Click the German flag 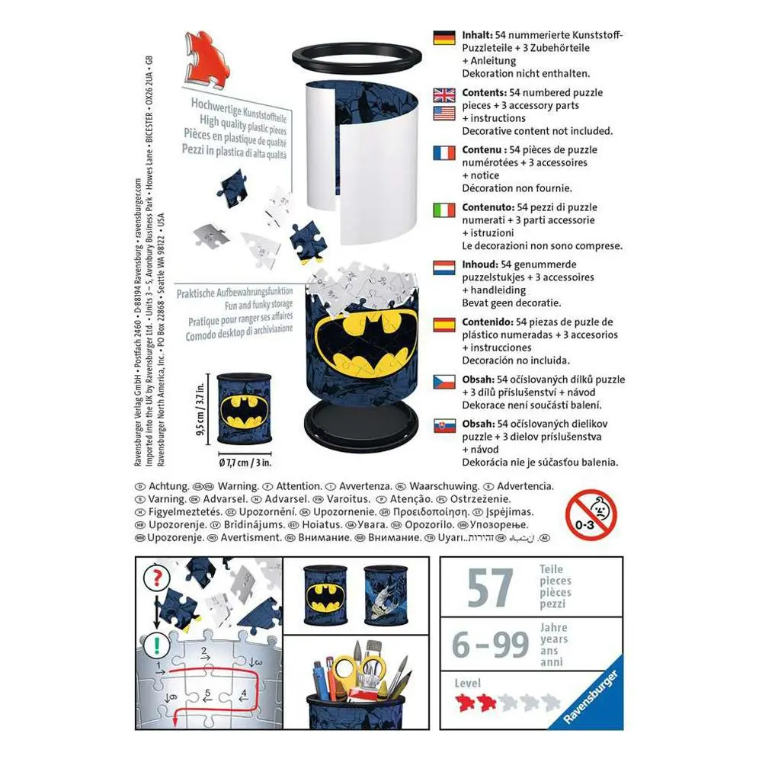point(443,38)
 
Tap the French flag point(443,152)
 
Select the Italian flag point(443,210)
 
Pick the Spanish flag point(443,325)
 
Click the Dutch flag point(443,267)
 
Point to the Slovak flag point(443,426)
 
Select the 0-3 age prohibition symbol point(591,514)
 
